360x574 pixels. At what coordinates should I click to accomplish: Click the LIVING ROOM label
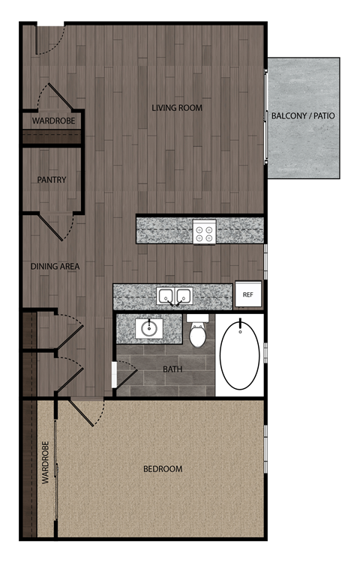coord(177,108)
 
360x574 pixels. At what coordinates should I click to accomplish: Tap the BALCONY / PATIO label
coord(304,116)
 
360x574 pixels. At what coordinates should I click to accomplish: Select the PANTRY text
coord(52,180)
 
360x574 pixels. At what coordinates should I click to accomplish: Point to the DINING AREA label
coord(55,266)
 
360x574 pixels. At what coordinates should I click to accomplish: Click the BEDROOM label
coord(163,469)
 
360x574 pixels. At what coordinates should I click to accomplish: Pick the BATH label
coord(173,369)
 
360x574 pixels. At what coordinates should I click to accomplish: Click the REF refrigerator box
coord(247,295)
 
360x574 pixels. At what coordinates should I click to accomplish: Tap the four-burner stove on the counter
coord(204,232)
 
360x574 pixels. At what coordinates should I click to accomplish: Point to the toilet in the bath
coord(198,333)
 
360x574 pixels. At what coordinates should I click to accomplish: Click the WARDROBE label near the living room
coord(52,121)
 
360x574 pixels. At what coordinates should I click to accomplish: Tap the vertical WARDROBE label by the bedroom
coord(45,468)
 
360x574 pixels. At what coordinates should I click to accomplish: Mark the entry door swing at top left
coord(51,40)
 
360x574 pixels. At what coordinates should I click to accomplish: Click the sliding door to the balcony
coord(266,116)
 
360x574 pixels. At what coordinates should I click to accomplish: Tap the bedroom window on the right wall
coord(265,449)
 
